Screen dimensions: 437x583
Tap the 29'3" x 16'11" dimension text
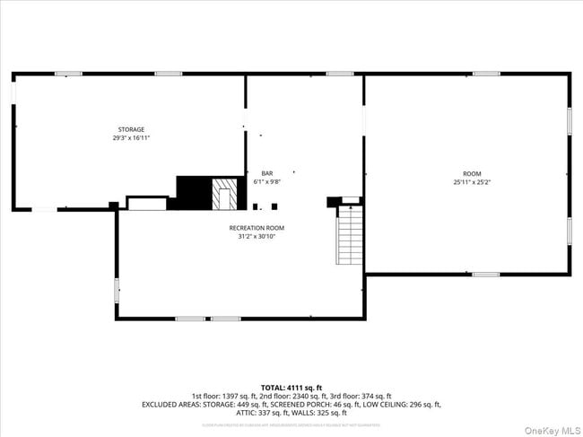click(x=131, y=138)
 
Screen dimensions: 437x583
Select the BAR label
click(x=266, y=173)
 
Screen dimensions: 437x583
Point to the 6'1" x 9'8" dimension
click(x=266, y=181)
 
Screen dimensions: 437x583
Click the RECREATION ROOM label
click(x=256, y=228)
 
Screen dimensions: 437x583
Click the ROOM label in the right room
click(x=472, y=173)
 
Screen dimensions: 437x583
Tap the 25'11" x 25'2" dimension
click(x=472, y=182)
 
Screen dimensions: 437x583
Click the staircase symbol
click(x=349, y=235)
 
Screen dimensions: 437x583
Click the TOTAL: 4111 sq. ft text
click(x=291, y=387)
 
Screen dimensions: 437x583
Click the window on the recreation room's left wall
click(x=117, y=289)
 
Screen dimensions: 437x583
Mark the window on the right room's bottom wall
click(x=485, y=274)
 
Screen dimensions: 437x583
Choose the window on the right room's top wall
click(x=485, y=74)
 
